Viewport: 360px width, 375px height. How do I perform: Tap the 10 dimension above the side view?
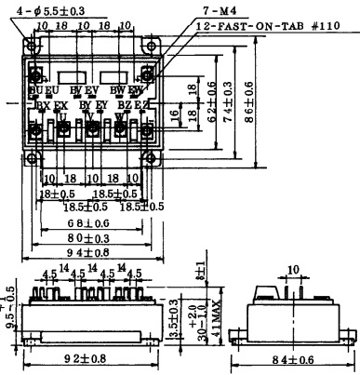click(294, 270)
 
